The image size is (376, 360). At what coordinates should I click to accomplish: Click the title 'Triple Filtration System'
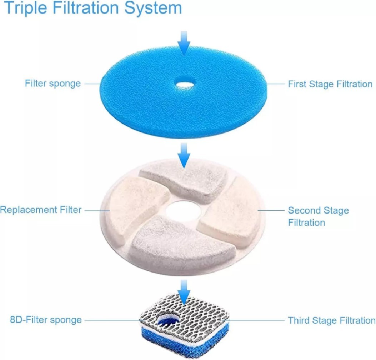93,9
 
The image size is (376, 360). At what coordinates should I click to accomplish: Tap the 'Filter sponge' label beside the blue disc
52,84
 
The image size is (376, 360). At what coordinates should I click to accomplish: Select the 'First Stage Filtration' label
330,84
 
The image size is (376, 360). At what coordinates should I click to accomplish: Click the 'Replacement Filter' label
41,210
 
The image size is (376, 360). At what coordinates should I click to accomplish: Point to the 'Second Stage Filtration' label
318,216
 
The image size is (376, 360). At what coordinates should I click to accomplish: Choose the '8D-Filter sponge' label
46,320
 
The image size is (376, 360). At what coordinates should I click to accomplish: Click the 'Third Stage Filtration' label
331,320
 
